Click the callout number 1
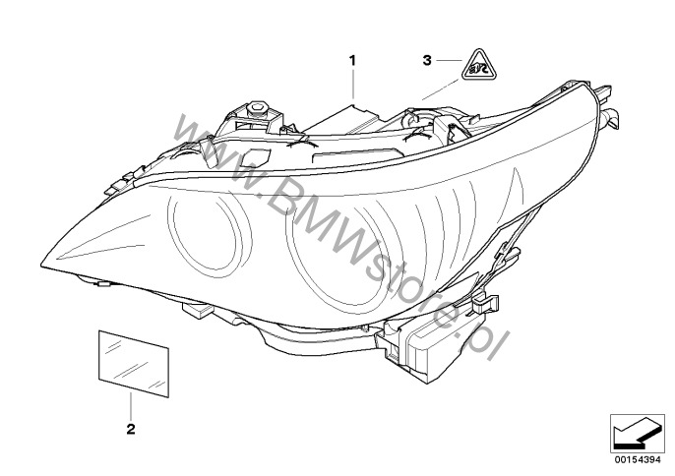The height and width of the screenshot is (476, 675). click(351, 60)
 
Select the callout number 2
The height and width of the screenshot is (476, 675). click(130, 428)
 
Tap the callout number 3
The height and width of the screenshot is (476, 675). click(426, 61)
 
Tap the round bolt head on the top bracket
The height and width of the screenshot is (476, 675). click(257, 105)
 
